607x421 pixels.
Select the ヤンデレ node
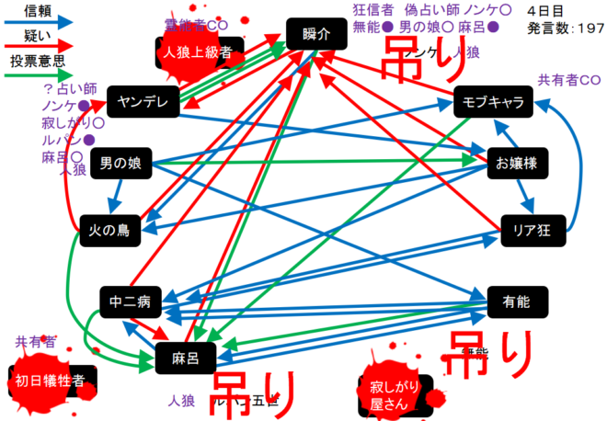click(x=143, y=102)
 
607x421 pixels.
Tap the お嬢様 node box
click(x=518, y=164)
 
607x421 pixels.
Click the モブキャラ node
click(x=494, y=101)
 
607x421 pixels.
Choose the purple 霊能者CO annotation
click(x=196, y=23)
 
